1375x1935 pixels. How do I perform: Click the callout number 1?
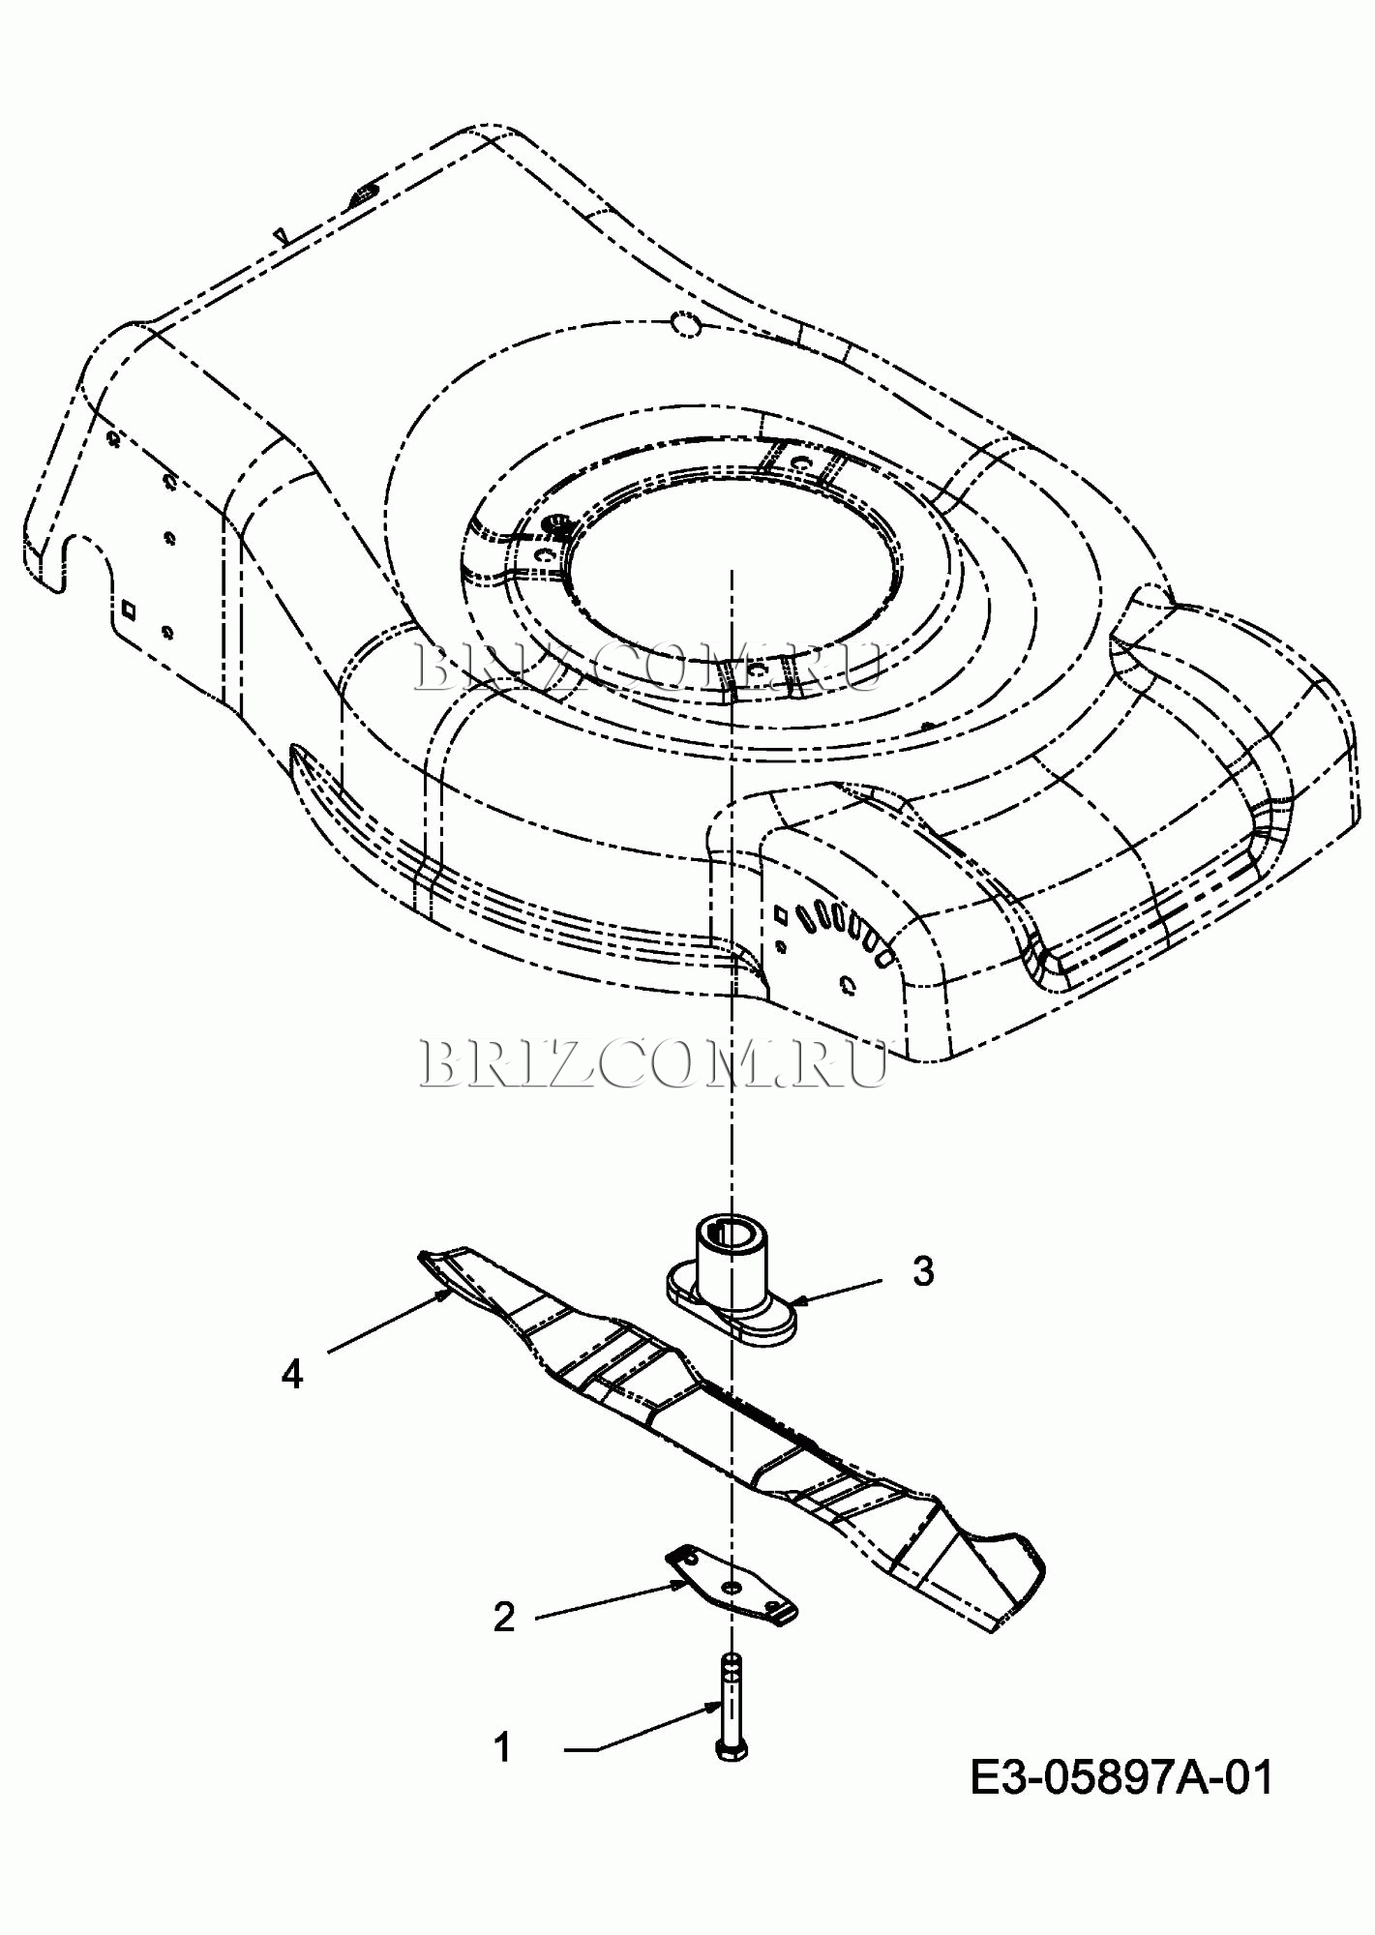click(x=502, y=1747)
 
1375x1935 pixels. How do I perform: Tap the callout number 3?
click(x=924, y=1271)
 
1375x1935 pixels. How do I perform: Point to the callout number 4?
click(x=292, y=1374)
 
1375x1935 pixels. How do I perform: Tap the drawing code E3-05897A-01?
click(x=1121, y=1776)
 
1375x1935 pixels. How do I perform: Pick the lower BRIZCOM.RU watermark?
click(x=654, y=1063)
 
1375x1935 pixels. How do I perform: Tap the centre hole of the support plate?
click(x=732, y=1587)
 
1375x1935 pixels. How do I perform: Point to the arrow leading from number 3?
click(x=837, y=1292)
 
